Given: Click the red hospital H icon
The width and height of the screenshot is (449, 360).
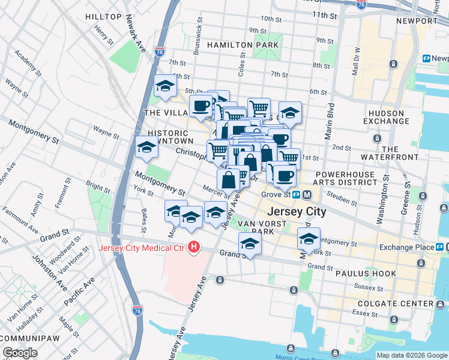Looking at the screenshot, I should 193,247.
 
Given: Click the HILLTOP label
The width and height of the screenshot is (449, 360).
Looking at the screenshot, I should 103,17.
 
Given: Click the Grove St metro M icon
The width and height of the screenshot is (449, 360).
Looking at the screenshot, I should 307,194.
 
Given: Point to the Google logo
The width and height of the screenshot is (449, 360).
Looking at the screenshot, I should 20,353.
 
